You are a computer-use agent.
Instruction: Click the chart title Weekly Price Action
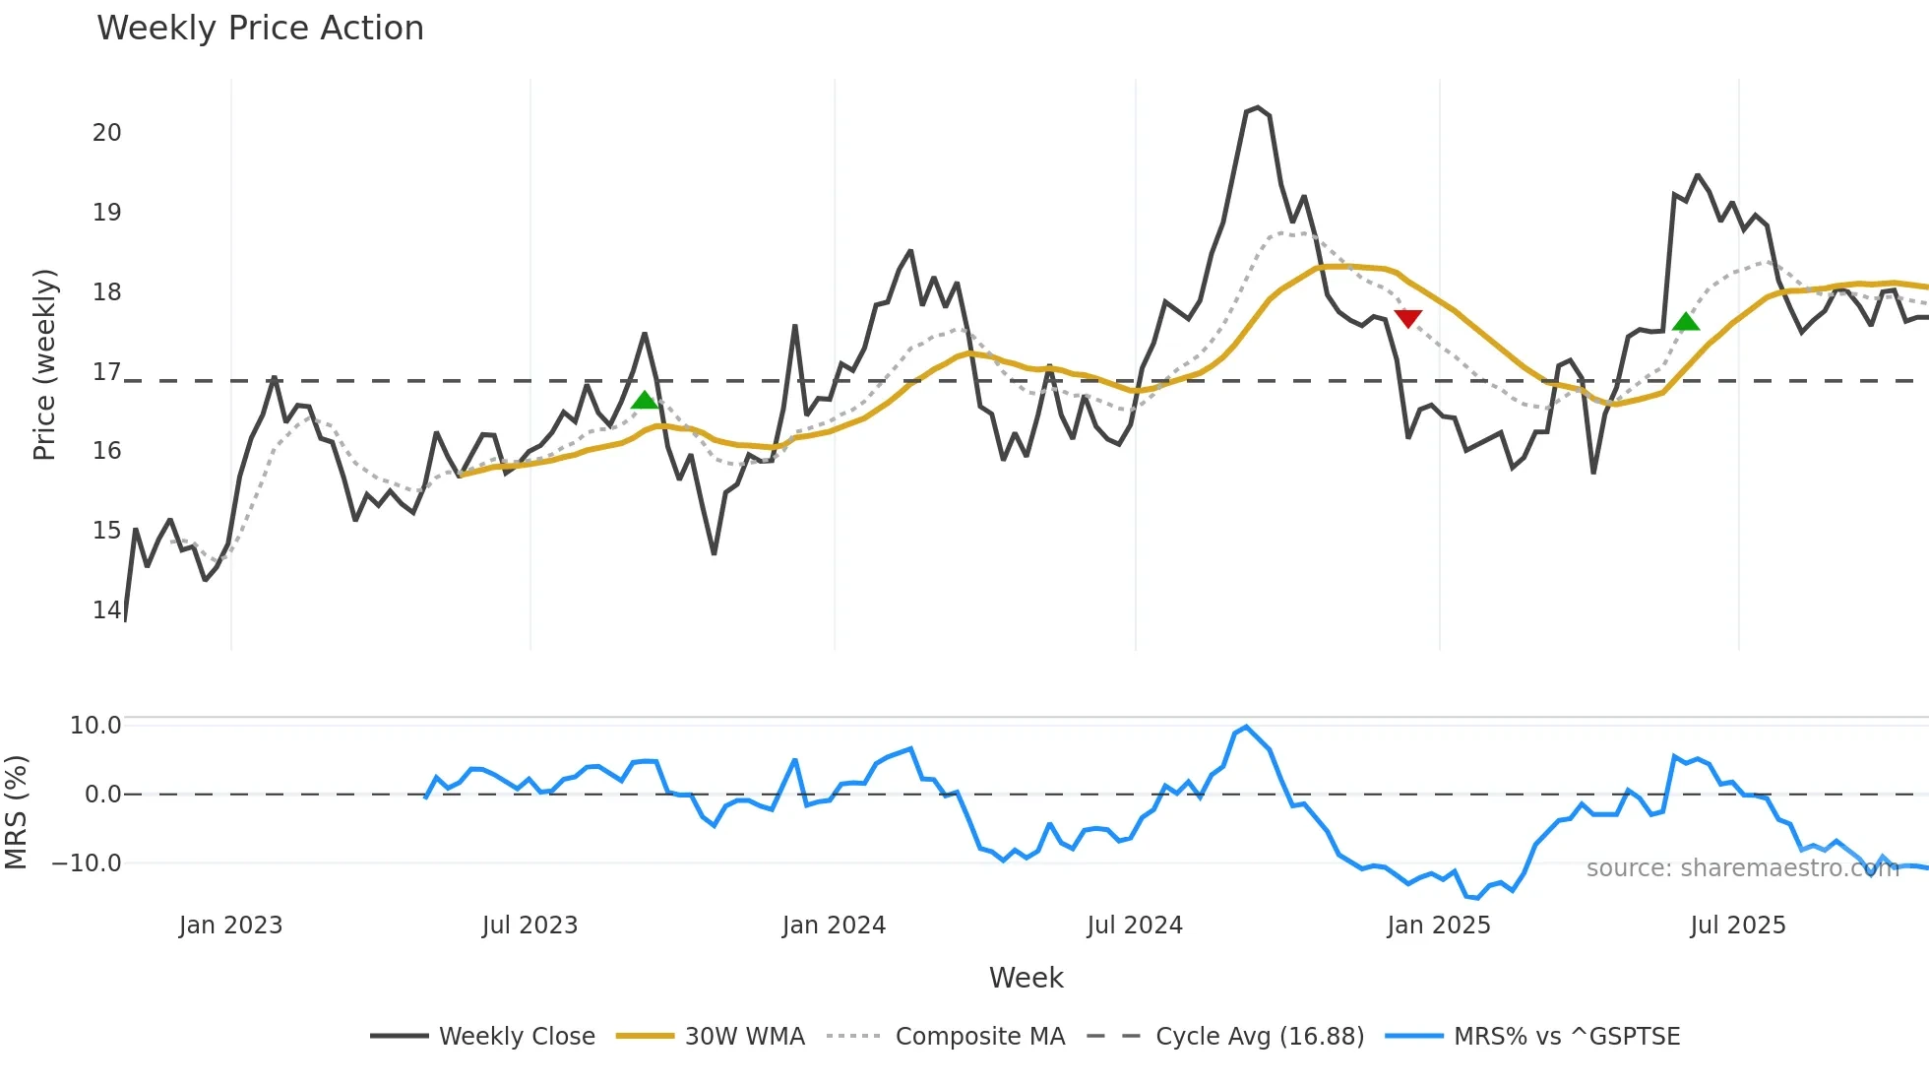click(260, 29)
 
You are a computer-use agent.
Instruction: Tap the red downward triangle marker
click(1407, 318)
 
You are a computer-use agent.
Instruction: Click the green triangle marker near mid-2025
click(1685, 322)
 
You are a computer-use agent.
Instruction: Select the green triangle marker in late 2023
click(644, 400)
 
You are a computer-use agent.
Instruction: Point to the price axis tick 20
click(106, 133)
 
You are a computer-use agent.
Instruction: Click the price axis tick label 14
click(106, 610)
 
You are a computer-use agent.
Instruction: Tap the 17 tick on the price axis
click(106, 372)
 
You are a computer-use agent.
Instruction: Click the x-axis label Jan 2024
click(834, 925)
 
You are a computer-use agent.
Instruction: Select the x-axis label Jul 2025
click(1737, 925)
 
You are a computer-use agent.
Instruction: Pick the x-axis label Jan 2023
click(230, 925)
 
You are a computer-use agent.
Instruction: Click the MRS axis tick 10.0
click(94, 726)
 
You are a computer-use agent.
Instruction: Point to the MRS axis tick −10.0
click(87, 863)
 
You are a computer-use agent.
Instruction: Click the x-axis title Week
click(1026, 978)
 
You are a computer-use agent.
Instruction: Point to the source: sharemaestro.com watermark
click(1742, 868)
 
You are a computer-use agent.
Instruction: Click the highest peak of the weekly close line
click(1258, 107)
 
